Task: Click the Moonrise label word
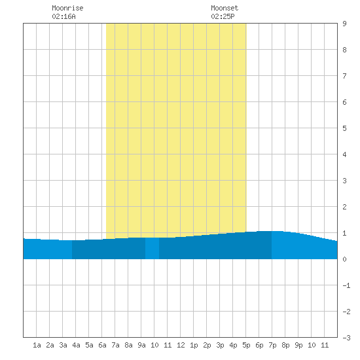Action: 67,8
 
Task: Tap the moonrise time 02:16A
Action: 63,16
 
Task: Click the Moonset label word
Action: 225,8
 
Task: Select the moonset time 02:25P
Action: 223,16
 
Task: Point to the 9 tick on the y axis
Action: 344,24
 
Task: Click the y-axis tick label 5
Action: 344,128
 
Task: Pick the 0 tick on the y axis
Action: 344,259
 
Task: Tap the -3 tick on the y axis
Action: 346,338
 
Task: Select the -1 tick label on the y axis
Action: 346,285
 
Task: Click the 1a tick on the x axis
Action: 37,345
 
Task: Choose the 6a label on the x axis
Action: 102,345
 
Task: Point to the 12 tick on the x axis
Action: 181,345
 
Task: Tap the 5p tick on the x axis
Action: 246,345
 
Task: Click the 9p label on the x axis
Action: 298,345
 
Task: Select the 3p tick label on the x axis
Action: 220,345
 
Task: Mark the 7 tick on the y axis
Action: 344,76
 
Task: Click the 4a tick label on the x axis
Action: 76,345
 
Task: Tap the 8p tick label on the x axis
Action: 285,345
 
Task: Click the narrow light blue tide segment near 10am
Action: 153,248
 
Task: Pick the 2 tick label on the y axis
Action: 344,207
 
